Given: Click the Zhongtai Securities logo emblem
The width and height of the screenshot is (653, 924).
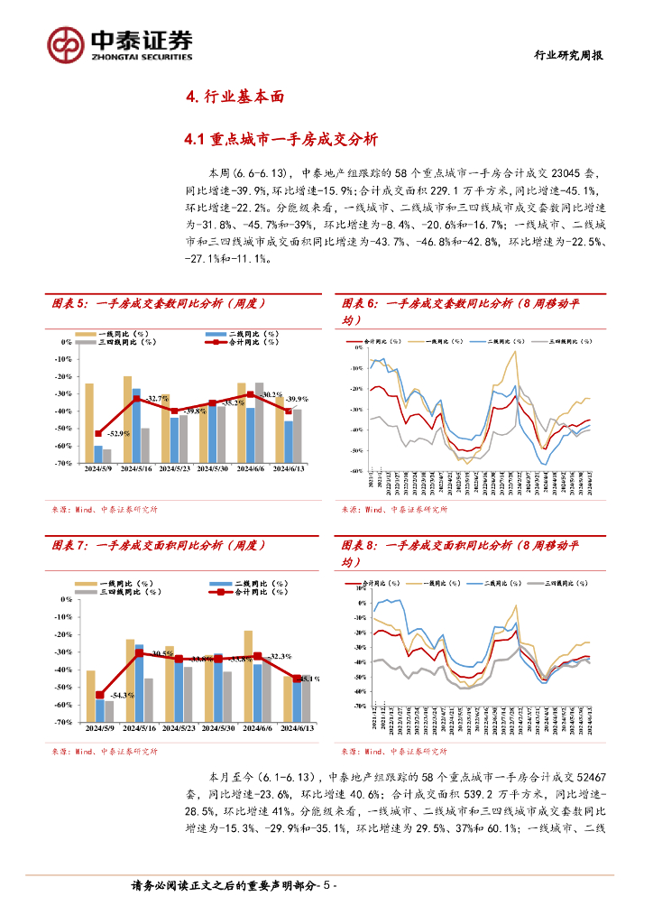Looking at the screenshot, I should coord(66,43).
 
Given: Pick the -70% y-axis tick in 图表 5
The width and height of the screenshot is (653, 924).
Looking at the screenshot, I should coord(62,463).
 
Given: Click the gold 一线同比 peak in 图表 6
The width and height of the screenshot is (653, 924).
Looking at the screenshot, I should coord(515,352).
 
